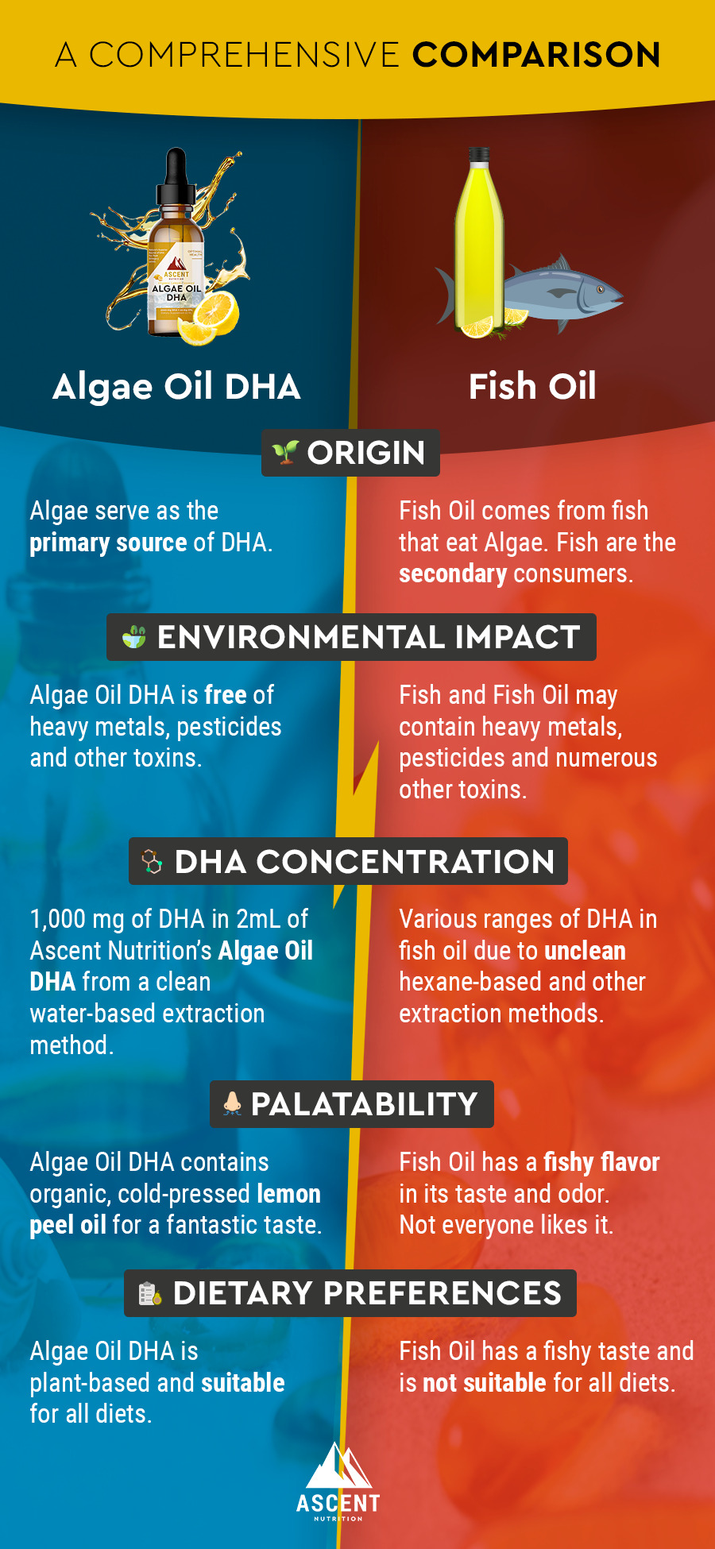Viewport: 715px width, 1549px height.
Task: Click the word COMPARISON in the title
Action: (536, 55)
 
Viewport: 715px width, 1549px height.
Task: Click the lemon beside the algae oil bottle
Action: (207, 316)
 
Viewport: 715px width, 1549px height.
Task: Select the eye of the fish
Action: (601, 289)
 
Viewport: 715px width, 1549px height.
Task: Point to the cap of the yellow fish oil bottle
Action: (478, 156)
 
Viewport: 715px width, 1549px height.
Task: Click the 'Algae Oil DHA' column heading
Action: (176, 387)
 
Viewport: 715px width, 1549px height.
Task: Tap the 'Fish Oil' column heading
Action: (532, 387)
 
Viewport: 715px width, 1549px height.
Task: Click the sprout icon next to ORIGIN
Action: (284, 452)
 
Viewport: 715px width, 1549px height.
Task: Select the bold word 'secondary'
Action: (453, 574)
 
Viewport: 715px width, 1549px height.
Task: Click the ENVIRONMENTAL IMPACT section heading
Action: (368, 637)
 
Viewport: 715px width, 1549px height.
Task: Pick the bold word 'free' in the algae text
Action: (226, 695)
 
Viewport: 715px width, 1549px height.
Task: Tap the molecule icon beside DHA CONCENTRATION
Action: (152, 861)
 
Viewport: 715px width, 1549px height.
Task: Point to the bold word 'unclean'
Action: (585, 951)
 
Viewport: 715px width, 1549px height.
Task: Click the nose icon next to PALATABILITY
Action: (232, 1103)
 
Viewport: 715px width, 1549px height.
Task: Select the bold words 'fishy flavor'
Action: (601, 1162)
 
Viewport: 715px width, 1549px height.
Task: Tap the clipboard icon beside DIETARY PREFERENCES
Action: (150, 1293)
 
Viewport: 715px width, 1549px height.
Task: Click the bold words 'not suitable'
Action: (485, 1383)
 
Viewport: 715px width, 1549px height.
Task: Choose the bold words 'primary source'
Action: (108, 543)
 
